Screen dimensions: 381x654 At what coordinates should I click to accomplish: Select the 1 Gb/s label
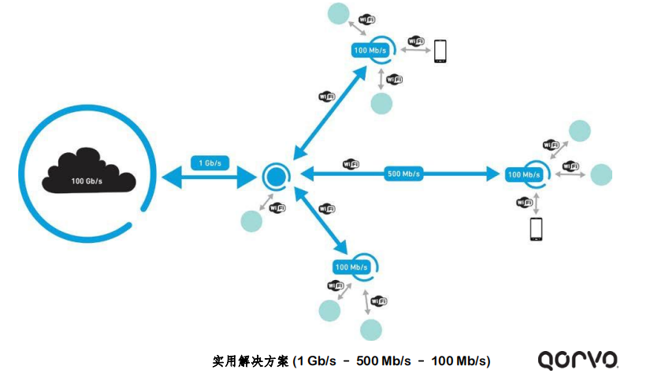[210, 163]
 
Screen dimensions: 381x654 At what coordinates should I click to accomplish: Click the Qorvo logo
[578, 360]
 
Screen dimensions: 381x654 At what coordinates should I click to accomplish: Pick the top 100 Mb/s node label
[370, 50]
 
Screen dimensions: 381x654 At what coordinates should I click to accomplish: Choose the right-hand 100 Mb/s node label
[523, 174]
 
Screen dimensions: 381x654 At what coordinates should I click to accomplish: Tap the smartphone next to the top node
[440, 51]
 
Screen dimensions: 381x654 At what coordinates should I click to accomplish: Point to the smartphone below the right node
[537, 229]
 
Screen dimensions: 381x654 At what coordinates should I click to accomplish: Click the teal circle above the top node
[339, 13]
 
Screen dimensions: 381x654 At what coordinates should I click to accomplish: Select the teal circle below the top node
[381, 103]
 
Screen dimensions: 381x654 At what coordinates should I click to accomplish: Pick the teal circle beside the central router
[251, 222]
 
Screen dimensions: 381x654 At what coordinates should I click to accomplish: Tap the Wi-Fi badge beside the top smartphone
[417, 41]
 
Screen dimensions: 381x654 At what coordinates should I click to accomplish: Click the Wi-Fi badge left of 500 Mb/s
[351, 164]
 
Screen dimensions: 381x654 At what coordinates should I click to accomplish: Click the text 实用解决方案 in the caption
[251, 361]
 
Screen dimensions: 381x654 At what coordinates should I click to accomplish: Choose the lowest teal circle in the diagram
[371, 329]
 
